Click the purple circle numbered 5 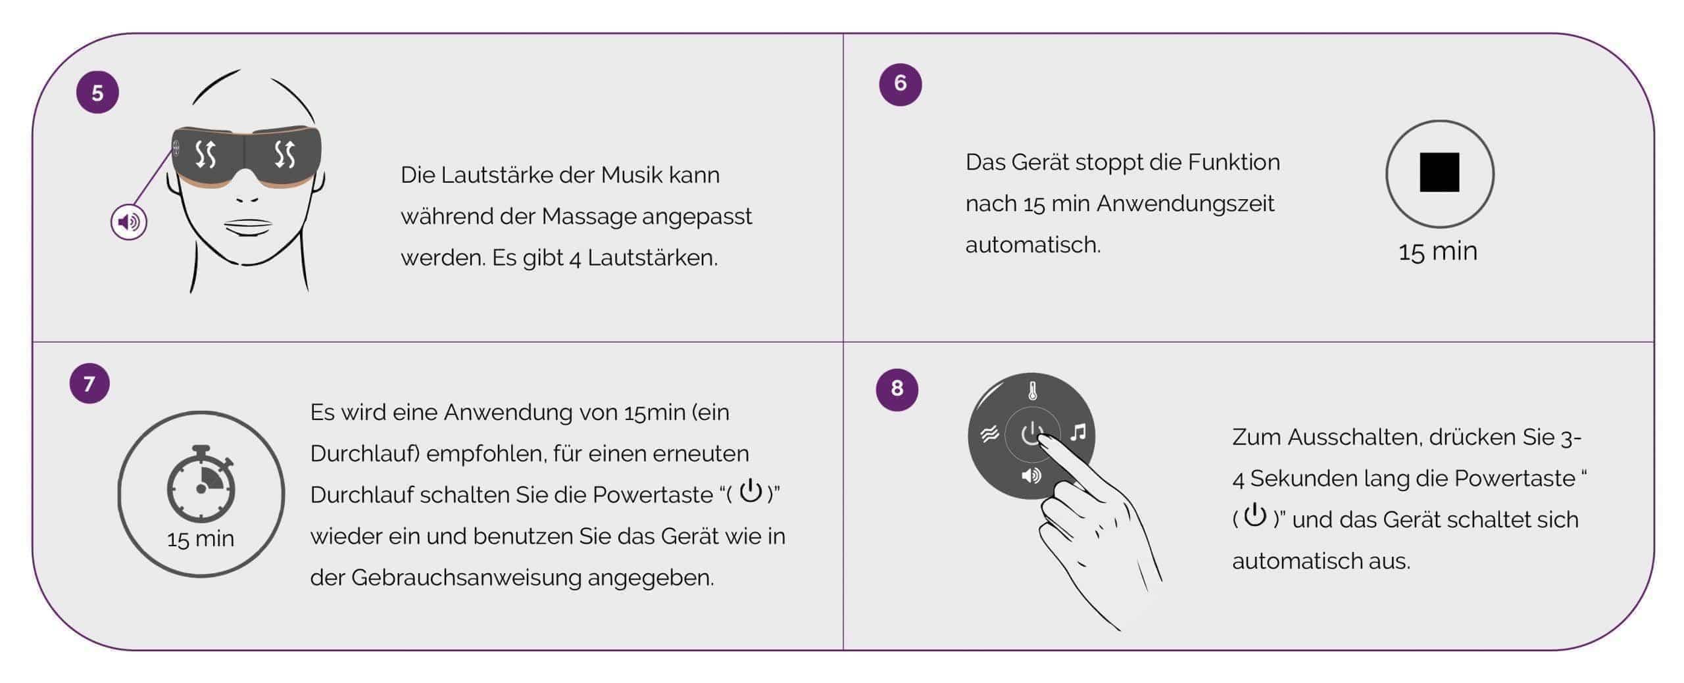click(x=97, y=93)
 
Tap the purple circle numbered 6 click(x=901, y=84)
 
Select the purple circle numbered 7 click(x=89, y=383)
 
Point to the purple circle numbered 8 click(x=897, y=389)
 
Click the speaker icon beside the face click(x=129, y=222)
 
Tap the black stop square click(x=1439, y=172)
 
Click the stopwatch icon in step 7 click(x=201, y=484)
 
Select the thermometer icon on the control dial click(x=1033, y=392)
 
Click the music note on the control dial click(x=1078, y=432)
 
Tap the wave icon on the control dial click(x=989, y=433)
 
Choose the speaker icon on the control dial click(x=1031, y=475)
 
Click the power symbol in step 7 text click(x=751, y=491)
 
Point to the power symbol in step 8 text click(x=1255, y=515)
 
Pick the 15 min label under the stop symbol click(x=1438, y=252)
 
